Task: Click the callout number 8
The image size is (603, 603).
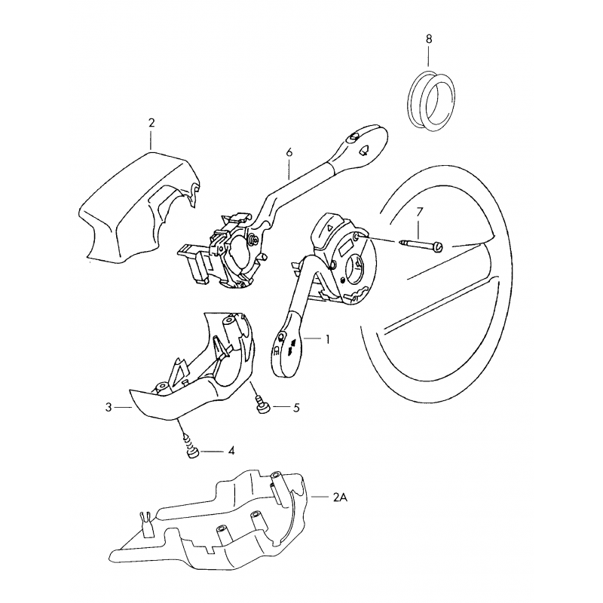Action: click(429, 39)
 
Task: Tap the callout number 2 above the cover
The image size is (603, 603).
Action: click(152, 123)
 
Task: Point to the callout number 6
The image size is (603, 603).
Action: click(289, 152)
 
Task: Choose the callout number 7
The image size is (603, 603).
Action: click(419, 212)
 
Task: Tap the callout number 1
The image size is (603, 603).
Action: click(327, 339)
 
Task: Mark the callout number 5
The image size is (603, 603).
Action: click(296, 408)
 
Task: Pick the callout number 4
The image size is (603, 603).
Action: click(231, 451)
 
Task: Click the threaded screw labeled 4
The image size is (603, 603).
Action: click(191, 446)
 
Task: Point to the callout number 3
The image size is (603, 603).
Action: click(109, 407)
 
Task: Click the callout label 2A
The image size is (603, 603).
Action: click(340, 497)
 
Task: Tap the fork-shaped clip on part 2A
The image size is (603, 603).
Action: click(145, 524)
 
